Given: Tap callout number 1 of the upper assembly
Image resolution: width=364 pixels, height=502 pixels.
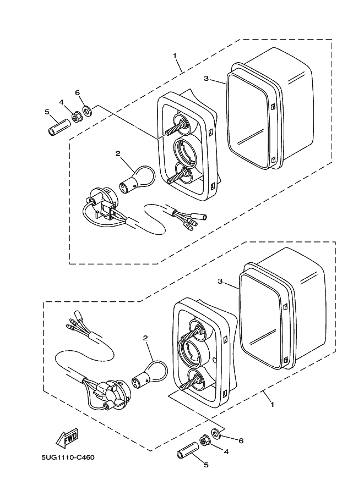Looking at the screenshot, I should click(x=175, y=56).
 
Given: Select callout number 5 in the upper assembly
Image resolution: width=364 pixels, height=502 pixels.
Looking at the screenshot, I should click(x=47, y=112).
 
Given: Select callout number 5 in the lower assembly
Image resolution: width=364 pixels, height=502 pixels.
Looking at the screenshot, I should click(x=206, y=465).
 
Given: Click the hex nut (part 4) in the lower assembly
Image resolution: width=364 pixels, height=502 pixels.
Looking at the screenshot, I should click(x=204, y=441).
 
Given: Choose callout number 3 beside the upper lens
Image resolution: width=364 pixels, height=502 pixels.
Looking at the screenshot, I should click(x=206, y=79).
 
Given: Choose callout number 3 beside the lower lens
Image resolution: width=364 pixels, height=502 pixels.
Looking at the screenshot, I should click(x=220, y=282).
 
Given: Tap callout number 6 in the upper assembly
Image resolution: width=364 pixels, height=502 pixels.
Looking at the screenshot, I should click(x=78, y=92).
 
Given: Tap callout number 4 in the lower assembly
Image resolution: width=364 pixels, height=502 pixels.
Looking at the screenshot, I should click(x=225, y=451).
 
